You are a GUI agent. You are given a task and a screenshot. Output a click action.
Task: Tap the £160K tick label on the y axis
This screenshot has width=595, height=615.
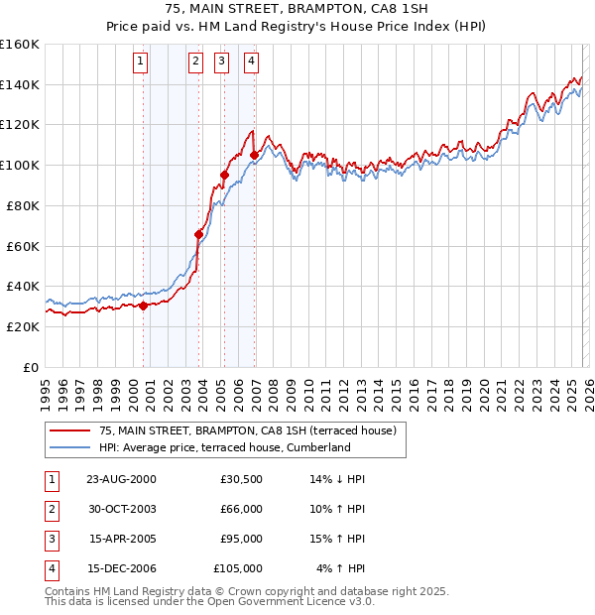click(x=20, y=45)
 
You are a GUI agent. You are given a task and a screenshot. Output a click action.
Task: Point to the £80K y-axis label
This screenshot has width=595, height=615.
click(x=23, y=205)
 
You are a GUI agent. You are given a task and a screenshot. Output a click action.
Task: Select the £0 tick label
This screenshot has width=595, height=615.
click(x=30, y=367)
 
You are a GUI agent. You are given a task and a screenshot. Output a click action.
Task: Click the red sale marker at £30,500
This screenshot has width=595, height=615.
click(x=144, y=306)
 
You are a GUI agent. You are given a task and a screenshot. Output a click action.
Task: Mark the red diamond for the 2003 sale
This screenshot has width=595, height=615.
click(x=199, y=234)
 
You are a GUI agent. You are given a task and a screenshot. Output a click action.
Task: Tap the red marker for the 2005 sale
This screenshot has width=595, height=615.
click(x=225, y=176)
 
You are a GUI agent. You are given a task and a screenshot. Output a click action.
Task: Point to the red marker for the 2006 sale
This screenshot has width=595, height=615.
click(x=255, y=155)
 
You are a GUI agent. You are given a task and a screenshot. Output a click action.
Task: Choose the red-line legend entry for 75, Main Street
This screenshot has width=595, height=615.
click(x=247, y=430)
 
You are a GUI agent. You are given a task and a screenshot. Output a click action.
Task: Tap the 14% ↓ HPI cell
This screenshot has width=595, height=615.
click(x=338, y=479)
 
